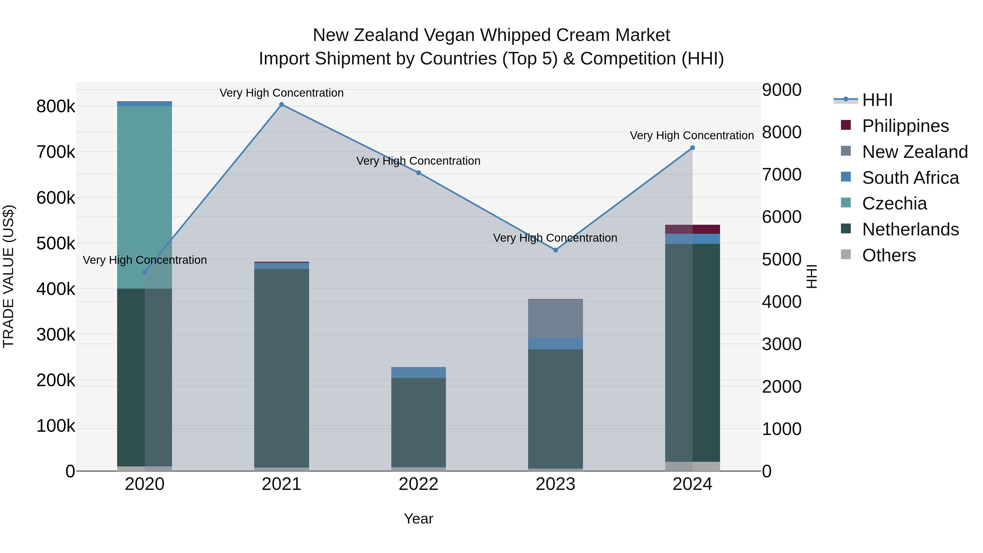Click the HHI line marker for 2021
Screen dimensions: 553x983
coord(282,105)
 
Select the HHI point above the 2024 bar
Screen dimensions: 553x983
coord(692,148)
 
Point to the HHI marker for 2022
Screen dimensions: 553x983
coord(419,173)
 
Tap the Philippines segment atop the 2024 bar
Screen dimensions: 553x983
coord(692,229)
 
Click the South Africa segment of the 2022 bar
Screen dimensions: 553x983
coord(419,372)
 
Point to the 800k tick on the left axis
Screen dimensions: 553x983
coord(56,107)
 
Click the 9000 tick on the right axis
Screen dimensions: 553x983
coord(781,90)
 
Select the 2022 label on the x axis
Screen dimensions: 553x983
coord(419,484)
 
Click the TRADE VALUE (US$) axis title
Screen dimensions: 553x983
coord(8,276)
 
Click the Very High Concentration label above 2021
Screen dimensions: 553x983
coord(282,93)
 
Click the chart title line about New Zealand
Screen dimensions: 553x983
coord(491,35)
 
